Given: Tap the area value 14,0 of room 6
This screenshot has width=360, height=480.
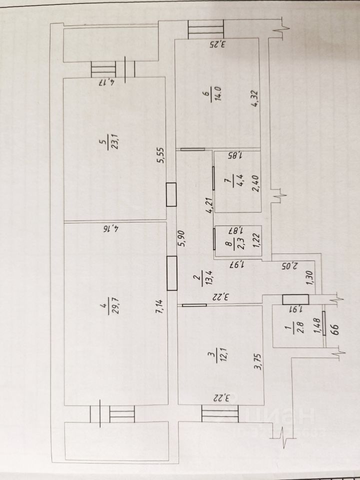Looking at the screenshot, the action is [217, 94].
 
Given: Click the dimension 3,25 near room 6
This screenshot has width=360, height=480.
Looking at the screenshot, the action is [218, 44].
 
